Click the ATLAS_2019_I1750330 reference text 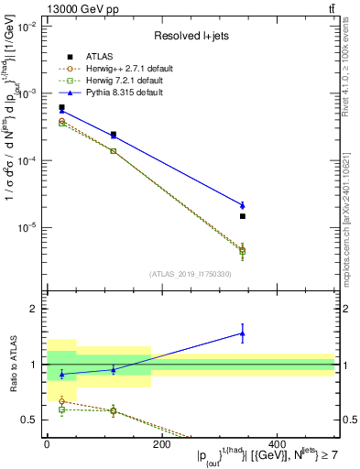tap(189, 274)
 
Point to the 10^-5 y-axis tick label tap(28, 227)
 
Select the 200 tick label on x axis tap(161, 444)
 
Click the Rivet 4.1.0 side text tap(352, 64)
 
